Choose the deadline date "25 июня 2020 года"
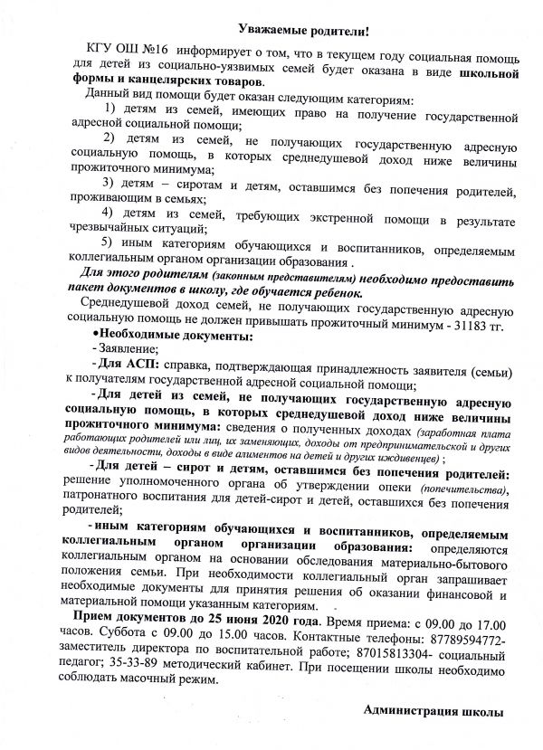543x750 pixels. coord(258,624)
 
